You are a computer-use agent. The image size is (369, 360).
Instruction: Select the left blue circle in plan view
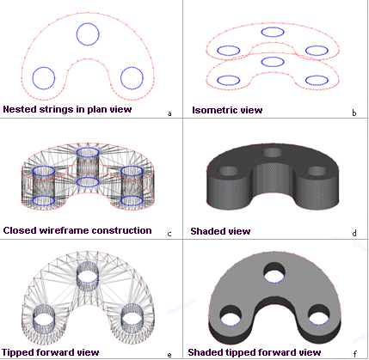point(33,78)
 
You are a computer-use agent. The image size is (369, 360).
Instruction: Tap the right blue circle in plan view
point(120,78)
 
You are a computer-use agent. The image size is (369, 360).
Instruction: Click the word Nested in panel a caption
point(19,109)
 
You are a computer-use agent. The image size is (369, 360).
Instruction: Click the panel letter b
point(354,113)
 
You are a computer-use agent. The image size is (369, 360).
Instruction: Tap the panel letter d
point(354,234)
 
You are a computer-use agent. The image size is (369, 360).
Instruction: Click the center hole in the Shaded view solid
point(274,153)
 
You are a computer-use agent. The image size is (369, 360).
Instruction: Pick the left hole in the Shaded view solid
point(229,171)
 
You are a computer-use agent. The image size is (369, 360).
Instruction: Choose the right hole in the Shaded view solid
point(317,171)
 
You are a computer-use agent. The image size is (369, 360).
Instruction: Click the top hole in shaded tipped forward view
point(274,272)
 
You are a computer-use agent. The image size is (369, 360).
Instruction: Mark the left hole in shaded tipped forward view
point(231,315)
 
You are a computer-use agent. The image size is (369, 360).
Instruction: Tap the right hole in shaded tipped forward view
point(319,314)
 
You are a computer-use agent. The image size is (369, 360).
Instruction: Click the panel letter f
point(354,355)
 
